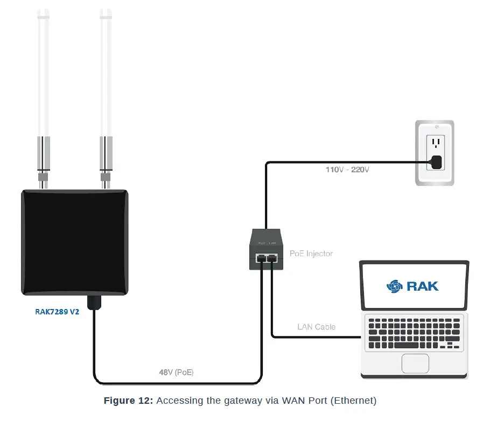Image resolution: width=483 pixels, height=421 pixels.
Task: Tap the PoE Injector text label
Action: (311, 253)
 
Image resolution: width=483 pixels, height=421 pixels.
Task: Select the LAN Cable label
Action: (316, 327)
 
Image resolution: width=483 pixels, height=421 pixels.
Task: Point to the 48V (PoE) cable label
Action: (176, 372)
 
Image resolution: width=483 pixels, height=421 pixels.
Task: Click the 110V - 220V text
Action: (347, 169)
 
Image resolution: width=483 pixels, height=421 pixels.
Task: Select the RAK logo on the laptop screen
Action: (412, 285)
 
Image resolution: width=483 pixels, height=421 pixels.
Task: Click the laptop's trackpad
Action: (415, 363)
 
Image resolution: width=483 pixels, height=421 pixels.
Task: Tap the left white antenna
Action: (43, 70)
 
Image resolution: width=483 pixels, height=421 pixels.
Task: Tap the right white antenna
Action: (106, 70)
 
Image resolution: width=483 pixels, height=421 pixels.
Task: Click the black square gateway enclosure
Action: (74, 242)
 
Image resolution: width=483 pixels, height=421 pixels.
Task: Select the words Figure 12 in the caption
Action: (128, 401)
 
